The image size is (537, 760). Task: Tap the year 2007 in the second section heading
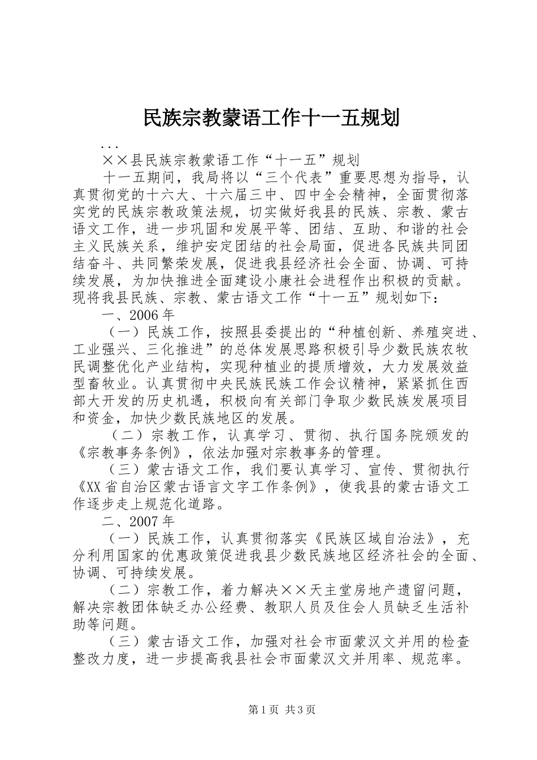145,520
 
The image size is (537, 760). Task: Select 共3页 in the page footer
301,709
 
